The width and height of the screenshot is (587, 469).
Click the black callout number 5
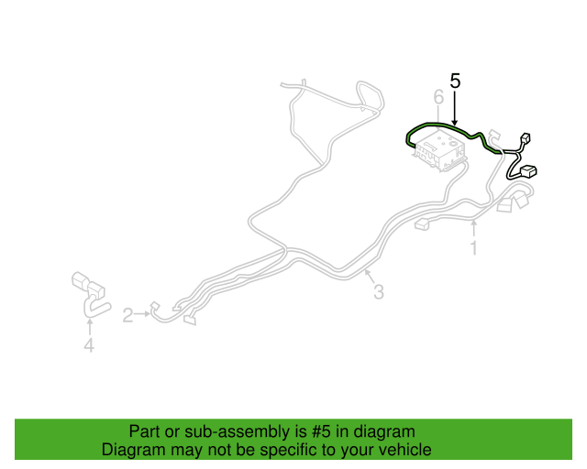pyautogui.click(x=455, y=81)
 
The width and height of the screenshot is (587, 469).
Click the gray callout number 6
pyautogui.click(x=438, y=97)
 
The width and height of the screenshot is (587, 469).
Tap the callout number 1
pyautogui.click(x=474, y=248)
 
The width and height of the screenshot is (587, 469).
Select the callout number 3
pyautogui.click(x=379, y=292)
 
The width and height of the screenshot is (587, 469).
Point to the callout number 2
pyautogui.click(x=127, y=315)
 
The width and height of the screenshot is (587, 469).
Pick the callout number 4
pyautogui.click(x=89, y=345)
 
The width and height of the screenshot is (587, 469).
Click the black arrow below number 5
pyautogui.click(x=455, y=108)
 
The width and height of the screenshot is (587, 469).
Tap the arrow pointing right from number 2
pyautogui.click(x=142, y=314)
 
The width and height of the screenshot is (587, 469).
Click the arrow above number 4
pyautogui.click(x=90, y=327)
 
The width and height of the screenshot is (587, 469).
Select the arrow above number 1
pyautogui.click(x=474, y=228)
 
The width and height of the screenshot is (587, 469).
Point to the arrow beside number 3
pyautogui.click(x=370, y=277)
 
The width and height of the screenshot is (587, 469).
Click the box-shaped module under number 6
pyautogui.click(x=440, y=151)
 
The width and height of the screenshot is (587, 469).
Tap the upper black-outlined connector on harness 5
pyautogui.click(x=526, y=137)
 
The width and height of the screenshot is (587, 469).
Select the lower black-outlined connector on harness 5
pyautogui.click(x=528, y=171)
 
